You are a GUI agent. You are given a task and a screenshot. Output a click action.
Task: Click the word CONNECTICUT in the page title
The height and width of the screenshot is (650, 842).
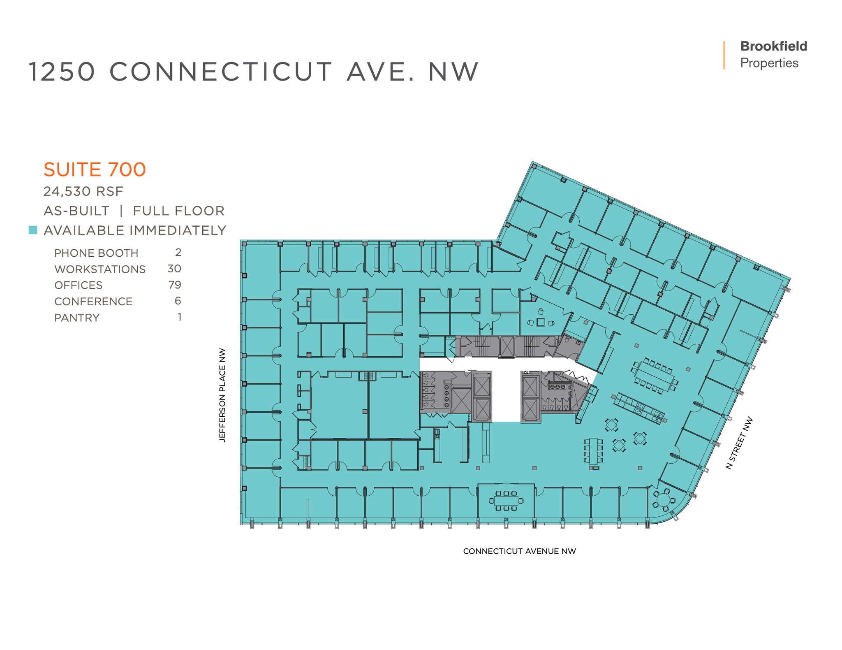pyautogui.click(x=220, y=72)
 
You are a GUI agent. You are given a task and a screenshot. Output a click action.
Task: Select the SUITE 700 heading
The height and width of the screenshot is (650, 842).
pyautogui.click(x=95, y=169)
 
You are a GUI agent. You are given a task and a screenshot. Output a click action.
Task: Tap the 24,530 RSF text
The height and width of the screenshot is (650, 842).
pyautogui.click(x=83, y=191)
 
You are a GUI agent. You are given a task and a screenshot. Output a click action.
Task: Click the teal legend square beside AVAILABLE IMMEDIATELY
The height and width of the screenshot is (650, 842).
pyautogui.click(x=33, y=230)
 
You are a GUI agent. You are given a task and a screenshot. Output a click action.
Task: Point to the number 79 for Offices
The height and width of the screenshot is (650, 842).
pyautogui.click(x=175, y=285)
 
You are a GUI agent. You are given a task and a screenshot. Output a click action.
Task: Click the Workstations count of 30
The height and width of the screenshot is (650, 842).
pyautogui.click(x=174, y=269)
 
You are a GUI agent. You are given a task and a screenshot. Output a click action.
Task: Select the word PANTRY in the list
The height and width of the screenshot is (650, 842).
pyautogui.click(x=77, y=318)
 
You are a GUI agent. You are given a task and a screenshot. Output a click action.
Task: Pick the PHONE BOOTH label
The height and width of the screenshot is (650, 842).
pyautogui.click(x=96, y=253)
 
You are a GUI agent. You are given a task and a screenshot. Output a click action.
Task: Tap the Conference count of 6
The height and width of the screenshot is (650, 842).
pyautogui.click(x=178, y=301)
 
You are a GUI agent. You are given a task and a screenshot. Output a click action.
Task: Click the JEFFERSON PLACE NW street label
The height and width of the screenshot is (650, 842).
pyautogui.click(x=222, y=395)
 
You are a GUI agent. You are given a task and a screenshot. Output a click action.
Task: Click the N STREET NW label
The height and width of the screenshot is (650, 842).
pyautogui.click(x=739, y=443)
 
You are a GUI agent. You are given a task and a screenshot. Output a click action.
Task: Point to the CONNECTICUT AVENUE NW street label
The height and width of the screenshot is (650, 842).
pyautogui.click(x=519, y=551)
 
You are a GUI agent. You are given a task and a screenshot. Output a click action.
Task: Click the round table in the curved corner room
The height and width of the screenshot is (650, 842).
pyautogui.click(x=663, y=500)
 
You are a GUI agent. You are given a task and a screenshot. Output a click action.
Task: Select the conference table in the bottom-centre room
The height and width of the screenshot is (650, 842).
pyautogui.click(x=506, y=501)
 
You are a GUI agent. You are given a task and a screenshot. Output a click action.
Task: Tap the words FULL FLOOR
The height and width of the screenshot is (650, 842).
pyautogui.click(x=178, y=211)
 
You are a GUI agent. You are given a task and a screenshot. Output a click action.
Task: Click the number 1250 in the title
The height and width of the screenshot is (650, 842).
pyautogui.click(x=62, y=72)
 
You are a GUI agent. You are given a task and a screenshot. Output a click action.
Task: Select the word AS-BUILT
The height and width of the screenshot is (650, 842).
pyautogui.click(x=76, y=211)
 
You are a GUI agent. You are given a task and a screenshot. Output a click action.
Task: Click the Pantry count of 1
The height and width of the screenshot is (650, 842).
pyautogui.click(x=179, y=317)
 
